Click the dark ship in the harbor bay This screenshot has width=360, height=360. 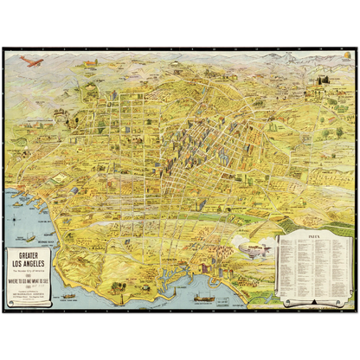coord(204,297)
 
